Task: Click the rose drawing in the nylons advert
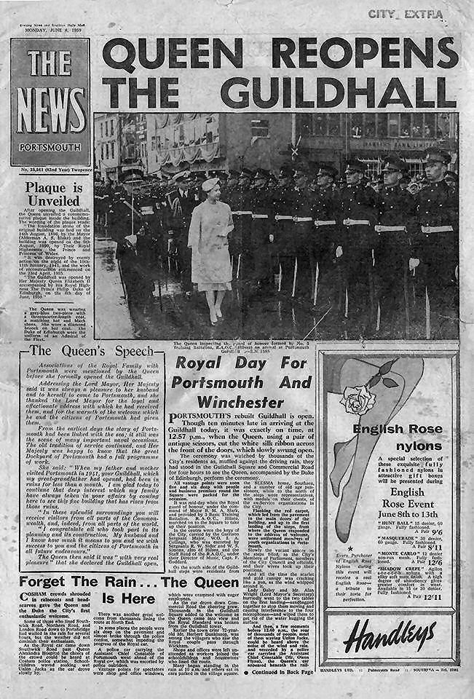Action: point(358,398)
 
